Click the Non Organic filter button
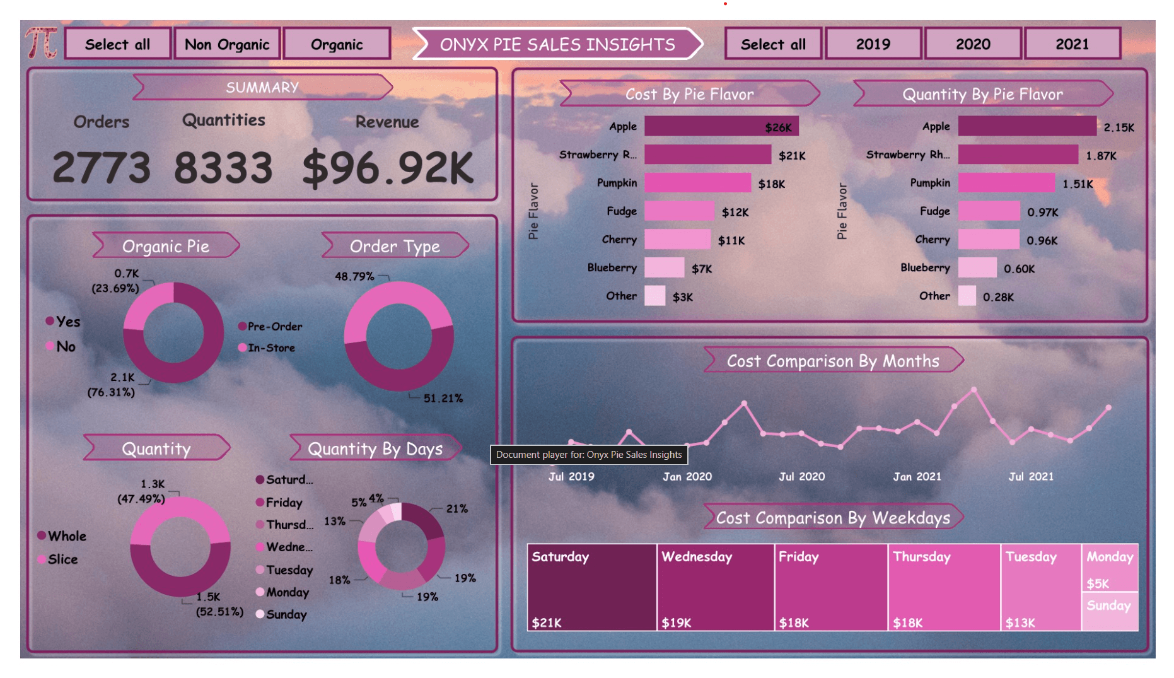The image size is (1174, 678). pos(227,44)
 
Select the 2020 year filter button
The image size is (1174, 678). pos(973,44)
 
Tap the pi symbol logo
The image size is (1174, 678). pos(42,43)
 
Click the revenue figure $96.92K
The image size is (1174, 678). pos(388,168)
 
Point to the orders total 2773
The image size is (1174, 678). pos(102,168)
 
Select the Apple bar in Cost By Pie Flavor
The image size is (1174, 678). pos(721,126)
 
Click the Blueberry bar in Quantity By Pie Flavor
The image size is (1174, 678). pos(977,267)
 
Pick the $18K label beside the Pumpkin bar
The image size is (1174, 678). pos(772,184)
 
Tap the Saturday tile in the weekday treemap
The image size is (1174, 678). pos(592,587)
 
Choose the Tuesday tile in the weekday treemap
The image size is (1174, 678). pos(1041,587)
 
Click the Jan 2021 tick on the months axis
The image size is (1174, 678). pos(917,477)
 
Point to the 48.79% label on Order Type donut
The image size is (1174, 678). pos(354,276)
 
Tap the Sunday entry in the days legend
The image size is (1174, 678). pos(281,614)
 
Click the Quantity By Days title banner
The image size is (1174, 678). pos(375,448)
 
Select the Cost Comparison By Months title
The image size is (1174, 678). pos(833,361)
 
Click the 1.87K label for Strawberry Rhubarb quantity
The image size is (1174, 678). pos(1101,156)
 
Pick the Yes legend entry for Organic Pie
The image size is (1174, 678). pos(63,322)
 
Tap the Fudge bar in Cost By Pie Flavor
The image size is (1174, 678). pos(679,211)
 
